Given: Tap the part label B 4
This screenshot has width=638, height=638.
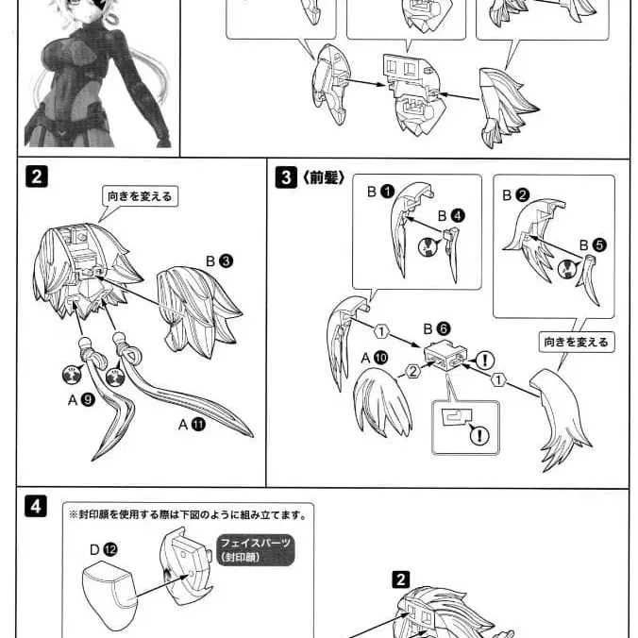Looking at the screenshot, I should click(449, 216).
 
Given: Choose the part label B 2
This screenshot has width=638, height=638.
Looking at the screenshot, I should click(514, 195).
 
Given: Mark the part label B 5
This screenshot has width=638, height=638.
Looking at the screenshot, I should click(593, 244).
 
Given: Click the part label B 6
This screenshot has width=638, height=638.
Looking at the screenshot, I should click(437, 329).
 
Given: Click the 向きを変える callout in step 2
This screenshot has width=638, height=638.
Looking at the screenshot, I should click(139, 196).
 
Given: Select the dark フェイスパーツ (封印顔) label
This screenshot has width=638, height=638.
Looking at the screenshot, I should click(254, 549).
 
